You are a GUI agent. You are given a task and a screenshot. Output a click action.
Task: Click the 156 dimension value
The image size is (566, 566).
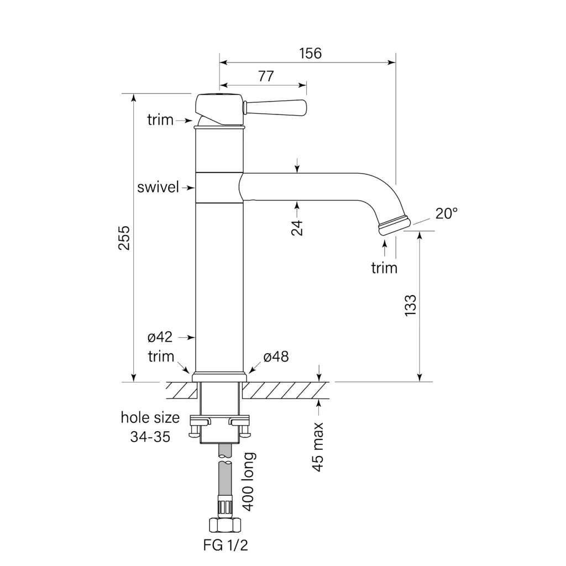pos(311,54)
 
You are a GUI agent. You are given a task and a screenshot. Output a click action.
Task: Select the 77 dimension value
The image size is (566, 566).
pos(266,76)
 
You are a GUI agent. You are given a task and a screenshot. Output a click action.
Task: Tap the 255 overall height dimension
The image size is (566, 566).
pos(124,238)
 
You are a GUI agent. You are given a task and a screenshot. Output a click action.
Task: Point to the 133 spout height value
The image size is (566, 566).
pos(411,306)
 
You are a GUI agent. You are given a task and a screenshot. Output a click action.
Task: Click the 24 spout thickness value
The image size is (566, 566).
pos(297,227)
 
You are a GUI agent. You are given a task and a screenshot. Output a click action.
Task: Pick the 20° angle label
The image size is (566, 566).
pos(447,213)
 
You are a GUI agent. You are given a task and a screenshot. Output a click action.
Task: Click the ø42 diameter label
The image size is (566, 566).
pos(160,337)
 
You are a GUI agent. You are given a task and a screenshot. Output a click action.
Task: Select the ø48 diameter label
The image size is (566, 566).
pos(276,357)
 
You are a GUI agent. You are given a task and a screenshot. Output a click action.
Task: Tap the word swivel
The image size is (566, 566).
pos(158,187)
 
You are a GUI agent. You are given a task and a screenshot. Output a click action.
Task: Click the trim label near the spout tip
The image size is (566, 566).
pos(384,268)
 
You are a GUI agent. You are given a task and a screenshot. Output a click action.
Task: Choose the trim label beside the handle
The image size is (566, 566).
pos(160,120)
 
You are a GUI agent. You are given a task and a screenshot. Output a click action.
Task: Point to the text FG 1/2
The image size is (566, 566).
pos(226,545)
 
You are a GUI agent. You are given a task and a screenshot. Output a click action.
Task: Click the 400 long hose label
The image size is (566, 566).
pos(248,482)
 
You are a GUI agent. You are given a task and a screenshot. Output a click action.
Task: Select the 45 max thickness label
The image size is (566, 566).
pos(318,447)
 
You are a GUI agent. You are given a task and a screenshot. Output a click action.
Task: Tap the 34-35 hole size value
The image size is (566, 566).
pos(150,437)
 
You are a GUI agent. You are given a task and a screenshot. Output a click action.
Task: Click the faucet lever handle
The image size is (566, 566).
pos(275,108)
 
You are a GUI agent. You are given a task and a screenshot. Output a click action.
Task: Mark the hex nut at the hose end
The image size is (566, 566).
pos(225,525)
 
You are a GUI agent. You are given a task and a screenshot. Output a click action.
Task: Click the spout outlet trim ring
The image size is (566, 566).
pos(394,226)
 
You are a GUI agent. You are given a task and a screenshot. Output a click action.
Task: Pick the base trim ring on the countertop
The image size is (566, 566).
pos(219,376)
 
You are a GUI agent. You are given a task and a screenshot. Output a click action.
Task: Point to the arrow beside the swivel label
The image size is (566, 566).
pos(188,188)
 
